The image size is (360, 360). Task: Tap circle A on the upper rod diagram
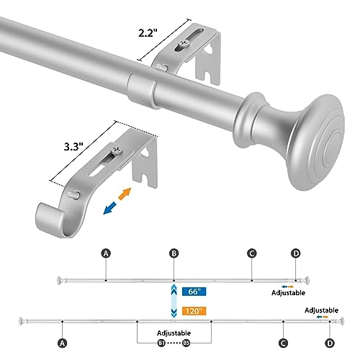click(106, 253)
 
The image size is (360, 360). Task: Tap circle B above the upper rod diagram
click(173, 253)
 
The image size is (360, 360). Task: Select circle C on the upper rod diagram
click(251, 253)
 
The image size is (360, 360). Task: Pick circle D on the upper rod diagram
click(295, 253)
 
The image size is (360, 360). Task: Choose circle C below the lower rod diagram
click(283, 343)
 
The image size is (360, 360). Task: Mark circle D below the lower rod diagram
click(329, 343)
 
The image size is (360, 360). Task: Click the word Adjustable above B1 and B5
click(174, 333)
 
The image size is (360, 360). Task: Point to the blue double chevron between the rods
click(173, 301)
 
